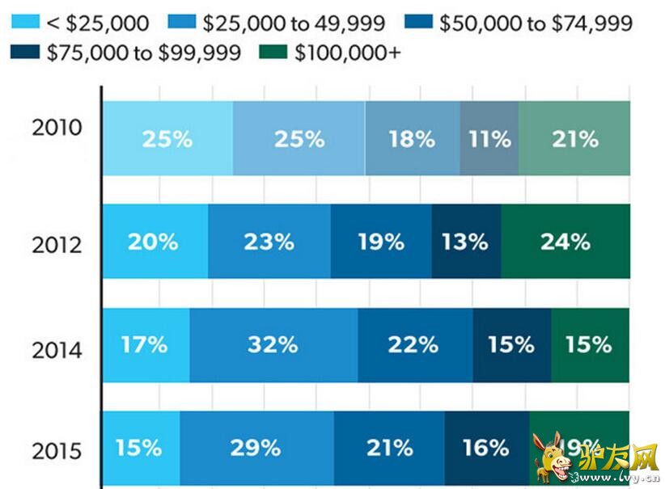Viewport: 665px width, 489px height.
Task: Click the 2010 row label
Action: coord(57,128)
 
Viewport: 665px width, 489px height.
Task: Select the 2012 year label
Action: coord(57,243)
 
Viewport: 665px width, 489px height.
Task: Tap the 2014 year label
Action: coord(57,350)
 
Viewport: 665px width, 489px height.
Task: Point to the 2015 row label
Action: coord(57,450)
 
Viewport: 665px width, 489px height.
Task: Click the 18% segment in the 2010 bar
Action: coord(412,138)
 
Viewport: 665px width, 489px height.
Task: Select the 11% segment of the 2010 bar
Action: coord(489,138)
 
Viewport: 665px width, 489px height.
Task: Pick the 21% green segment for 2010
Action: coord(574,138)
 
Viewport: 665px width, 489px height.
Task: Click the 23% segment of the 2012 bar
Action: coord(269,241)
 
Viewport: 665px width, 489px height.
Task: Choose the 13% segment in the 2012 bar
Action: coord(465,241)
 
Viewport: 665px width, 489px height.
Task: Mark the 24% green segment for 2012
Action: coord(565,241)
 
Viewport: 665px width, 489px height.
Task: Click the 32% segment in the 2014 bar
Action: coord(273,345)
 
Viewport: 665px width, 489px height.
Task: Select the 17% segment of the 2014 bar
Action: coord(146,345)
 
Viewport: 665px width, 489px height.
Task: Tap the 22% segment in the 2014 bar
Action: coord(413,345)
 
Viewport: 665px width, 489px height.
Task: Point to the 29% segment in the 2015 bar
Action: coord(256,447)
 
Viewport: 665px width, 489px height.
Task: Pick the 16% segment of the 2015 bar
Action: coord(486,447)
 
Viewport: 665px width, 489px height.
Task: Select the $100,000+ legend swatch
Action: coord(273,53)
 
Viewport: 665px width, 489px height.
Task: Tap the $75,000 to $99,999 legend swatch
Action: coord(25,53)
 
